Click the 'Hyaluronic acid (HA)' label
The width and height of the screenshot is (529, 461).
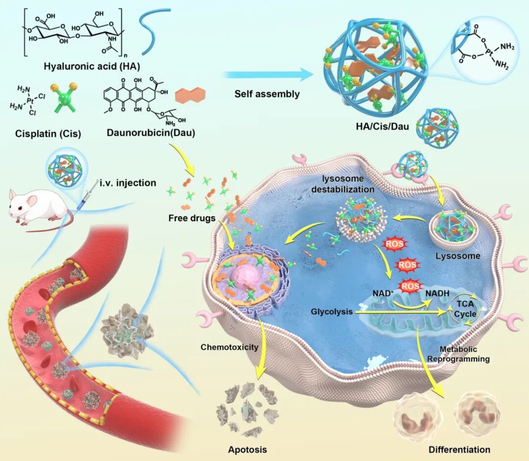pyautogui.click(x=92, y=66)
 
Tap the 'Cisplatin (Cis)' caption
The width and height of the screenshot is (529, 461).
pyautogui.click(x=48, y=134)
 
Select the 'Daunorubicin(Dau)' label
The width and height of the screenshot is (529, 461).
pyautogui.click(x=151, y=133)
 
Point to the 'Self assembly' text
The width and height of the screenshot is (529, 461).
pyautogui.click(x=267, y=94)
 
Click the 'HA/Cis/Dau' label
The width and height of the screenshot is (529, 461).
pyautogui.click(x=382, y=126)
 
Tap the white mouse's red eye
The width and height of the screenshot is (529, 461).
pyautogui.click(x=20, y=209)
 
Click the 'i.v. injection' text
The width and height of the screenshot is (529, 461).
pyautogui.click(x=128, y=183)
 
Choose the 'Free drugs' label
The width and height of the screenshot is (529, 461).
pyautogui.click(x=192, y=218)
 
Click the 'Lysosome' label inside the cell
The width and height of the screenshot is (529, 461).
pyautogui.click(x=458, y=256)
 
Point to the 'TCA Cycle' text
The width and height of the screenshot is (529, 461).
pyautogui.click(x=465, y=309)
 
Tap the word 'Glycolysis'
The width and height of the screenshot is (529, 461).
pyautogui.click(x=332, y=312)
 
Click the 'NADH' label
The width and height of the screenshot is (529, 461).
pyautogui.click(x=437, y=293)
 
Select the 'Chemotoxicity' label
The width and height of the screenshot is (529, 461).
pyautogui.click(x=229, y=347)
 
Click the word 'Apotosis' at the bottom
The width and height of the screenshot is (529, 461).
pyautogui.click(x=247, y=450)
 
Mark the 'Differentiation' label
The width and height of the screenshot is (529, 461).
pyautogui.click(x=459, y=450)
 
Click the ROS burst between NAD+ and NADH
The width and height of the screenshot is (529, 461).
pyautogui.click(x=410, y=286)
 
